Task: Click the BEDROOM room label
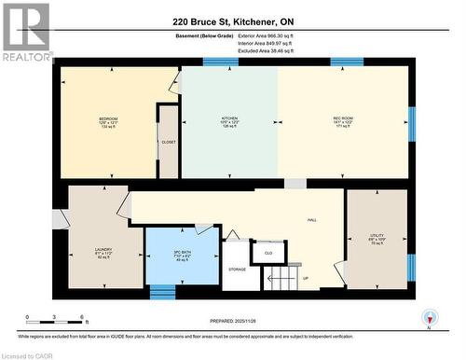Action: [108, 119]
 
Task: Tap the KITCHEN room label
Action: [229, 119]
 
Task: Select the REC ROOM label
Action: [343, 119]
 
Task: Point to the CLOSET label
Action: [169, 142]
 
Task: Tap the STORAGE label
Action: [237, 269]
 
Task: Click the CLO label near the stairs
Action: [268, 252]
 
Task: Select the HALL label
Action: [312, 220]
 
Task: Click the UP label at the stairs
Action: [305, 277]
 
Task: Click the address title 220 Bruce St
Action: [232, 21]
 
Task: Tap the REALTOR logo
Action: [26, 32]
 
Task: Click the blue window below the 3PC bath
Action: [163, 291]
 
